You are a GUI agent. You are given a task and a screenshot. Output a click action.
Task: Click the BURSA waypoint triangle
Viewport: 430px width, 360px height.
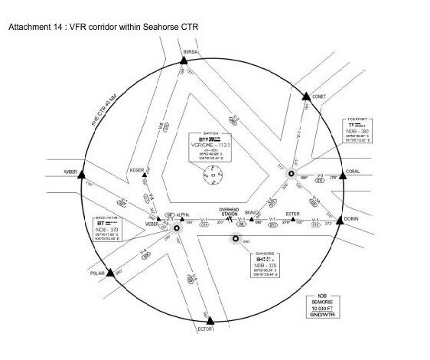(x=184, y=59)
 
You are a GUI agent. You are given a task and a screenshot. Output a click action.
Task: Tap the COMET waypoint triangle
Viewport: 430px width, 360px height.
(x=305, y=97)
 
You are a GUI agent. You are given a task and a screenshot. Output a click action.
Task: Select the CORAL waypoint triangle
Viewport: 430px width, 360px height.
(x=341, y=175)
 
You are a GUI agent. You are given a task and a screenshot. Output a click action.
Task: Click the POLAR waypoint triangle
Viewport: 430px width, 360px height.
(x=111, y=272)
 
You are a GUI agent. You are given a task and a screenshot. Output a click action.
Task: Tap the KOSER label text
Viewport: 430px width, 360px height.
(x=137, y=170)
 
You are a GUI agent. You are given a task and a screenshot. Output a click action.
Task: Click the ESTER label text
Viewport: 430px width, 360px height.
(x=292, y=214)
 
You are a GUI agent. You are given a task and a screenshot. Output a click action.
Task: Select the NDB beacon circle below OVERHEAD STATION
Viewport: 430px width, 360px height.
(x=236, y=238)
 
